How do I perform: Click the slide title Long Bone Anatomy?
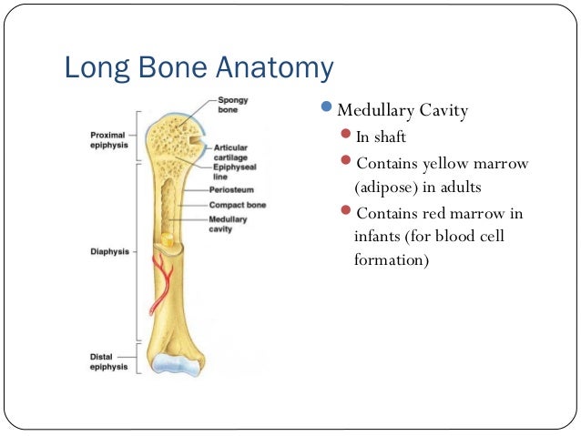click(198, 69)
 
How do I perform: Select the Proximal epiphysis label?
click(107, 140)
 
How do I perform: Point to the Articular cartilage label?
click(233, 151)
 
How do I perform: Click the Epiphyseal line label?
click(233, 172)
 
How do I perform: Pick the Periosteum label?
click(231, 190)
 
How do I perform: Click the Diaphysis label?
click(109, 251)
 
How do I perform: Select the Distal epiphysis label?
click(107, 360)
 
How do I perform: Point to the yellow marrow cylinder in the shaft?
click(166, 240)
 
